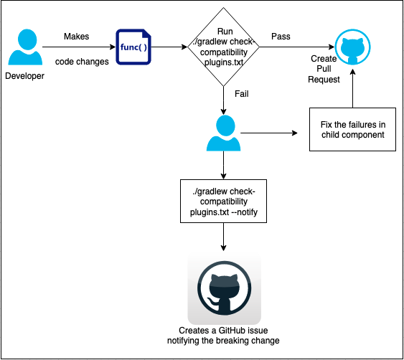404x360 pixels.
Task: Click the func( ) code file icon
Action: click(x=133, y=47)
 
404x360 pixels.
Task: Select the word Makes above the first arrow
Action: click(x=77, y=36)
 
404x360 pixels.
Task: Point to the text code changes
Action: click(x=82, y=62)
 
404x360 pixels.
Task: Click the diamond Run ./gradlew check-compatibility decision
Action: click(x=225, y=47)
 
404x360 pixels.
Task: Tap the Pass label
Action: click(x=281, y=36)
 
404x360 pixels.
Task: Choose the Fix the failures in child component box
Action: click(x=352, y=129)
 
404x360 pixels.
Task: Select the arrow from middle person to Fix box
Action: click(x=269, y=133)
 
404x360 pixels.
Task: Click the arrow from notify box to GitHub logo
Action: click(x=224, y=237)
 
